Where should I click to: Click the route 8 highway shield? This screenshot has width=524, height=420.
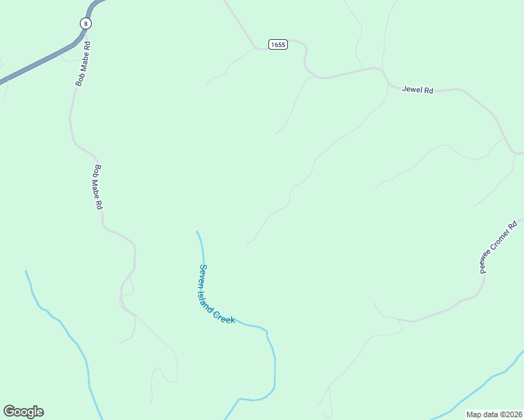point(85,23)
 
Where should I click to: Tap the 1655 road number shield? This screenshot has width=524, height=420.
point(278,45)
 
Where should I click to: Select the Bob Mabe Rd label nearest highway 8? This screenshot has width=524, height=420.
point(83,64)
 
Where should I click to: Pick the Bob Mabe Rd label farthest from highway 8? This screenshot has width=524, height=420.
point(99,188)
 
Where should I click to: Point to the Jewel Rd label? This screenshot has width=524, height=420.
point(418,90)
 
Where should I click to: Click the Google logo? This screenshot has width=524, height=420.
point(23,412)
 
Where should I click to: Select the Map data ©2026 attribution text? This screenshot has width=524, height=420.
point(495,414)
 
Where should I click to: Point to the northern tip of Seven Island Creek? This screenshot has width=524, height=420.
point(197,232)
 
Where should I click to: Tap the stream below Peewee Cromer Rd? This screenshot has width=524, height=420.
point(490,379)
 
